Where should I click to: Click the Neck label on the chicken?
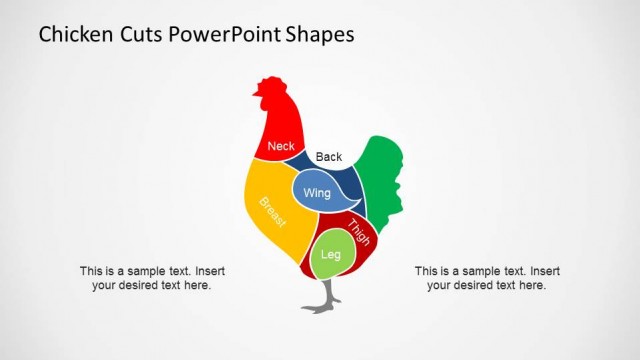[281, 146]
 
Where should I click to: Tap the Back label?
[329, 157]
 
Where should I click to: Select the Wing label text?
[317, 192]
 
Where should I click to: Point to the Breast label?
[273, 212]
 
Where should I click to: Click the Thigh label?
[359, 232]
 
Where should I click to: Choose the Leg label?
[331, 255]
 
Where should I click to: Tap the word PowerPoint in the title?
[232, 35]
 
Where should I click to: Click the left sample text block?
[152, 278]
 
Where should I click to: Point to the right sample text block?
[487, 278]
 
